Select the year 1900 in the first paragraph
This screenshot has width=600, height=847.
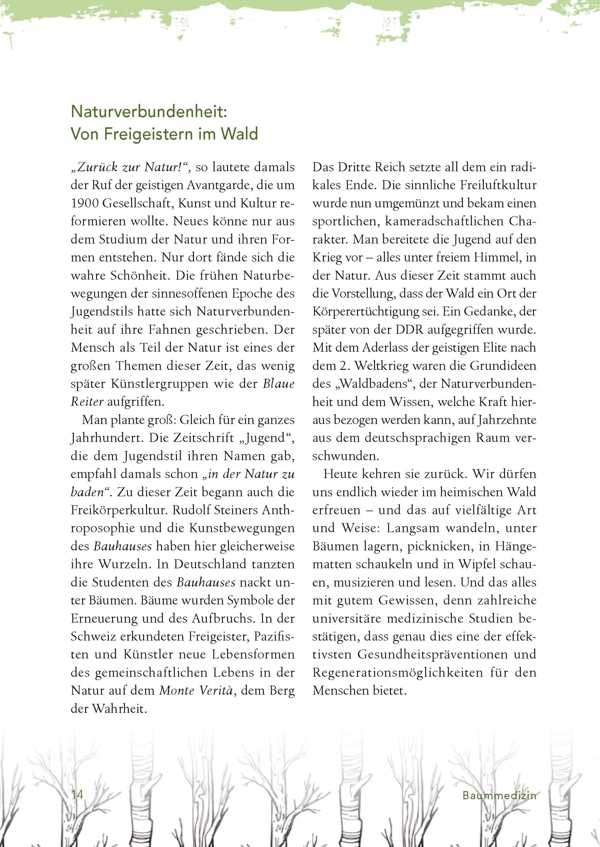tap(84, 203)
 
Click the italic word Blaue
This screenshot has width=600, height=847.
tap(279, 384)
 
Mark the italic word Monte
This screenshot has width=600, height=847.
tap(177, 691)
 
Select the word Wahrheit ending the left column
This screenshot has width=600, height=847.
tap(120, 709)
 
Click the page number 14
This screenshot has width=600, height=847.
tap(78, 795)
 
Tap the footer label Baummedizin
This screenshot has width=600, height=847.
tap(499, 796)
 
